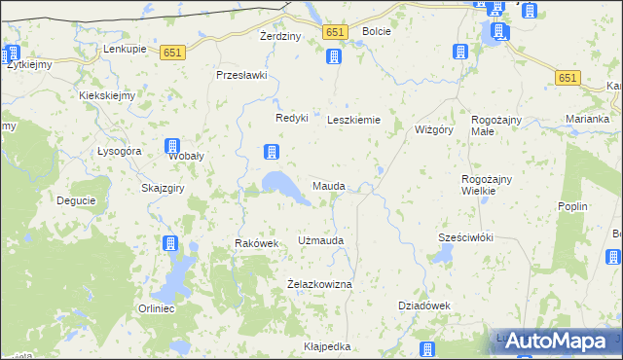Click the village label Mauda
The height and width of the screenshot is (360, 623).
point(328,185)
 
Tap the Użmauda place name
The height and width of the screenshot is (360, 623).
point(320,239)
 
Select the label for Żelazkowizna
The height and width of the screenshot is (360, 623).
point(319,283)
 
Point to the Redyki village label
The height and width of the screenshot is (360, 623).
point(292,118)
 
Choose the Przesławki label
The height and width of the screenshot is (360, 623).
point(241,75)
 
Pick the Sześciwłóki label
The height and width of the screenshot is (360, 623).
point(466,238)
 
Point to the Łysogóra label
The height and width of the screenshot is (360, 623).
point(121,152)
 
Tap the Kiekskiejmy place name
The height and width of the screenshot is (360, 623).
point(107,96)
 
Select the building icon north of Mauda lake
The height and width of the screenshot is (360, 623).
point(272,152)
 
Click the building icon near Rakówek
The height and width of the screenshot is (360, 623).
point(171,243)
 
